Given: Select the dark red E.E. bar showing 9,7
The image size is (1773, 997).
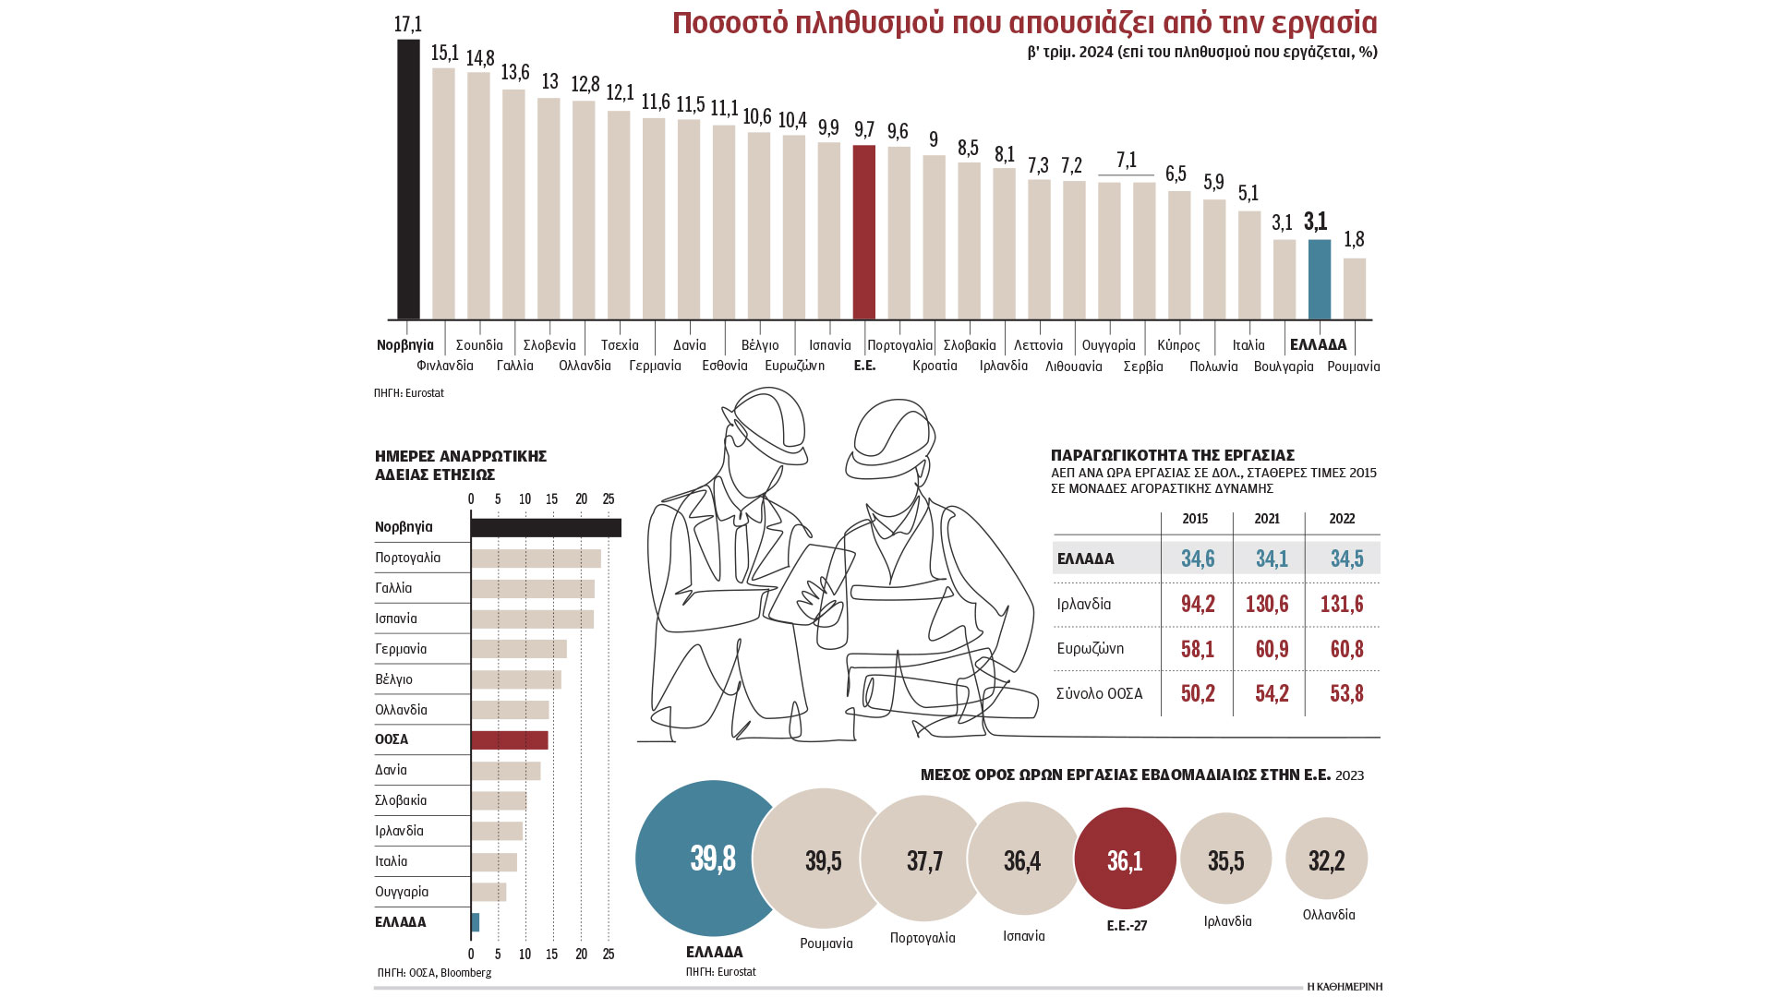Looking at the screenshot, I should click(x=864, y=232).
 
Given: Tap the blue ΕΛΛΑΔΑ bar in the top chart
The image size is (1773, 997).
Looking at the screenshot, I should click(x=1320, y=279).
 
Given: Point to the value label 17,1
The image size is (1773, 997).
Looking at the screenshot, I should click(x=407, y=24).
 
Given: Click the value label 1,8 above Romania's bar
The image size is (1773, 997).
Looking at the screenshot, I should click(x=1354, y=240).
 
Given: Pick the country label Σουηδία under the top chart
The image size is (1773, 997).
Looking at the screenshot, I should click(x=479, y=345).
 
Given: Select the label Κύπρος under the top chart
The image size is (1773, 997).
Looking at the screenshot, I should click(x=1178, y=345).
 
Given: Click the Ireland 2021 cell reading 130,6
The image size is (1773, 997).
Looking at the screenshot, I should click(x=1272, y=604).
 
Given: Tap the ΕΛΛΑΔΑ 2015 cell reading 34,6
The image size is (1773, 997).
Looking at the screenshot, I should click(x=1198, y=559).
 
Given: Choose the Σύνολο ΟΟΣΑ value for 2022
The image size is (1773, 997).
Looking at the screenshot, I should click(x=1346, y=693).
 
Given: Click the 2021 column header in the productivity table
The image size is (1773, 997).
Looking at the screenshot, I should click(x=1267, y=519).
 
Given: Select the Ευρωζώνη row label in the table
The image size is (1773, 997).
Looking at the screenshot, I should click(x=1091, y=648).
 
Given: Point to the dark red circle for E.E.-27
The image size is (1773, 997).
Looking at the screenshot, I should click(x=1126, y=859).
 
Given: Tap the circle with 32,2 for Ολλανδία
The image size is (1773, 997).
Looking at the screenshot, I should click(x=1326, y=859).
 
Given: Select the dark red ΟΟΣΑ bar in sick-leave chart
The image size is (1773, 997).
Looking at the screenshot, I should click(x=509, y=740).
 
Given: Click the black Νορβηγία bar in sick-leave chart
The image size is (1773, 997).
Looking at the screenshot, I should click(x=545, y=527).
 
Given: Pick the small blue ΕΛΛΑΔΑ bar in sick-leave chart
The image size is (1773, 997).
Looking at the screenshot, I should click(x=476, y=922).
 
